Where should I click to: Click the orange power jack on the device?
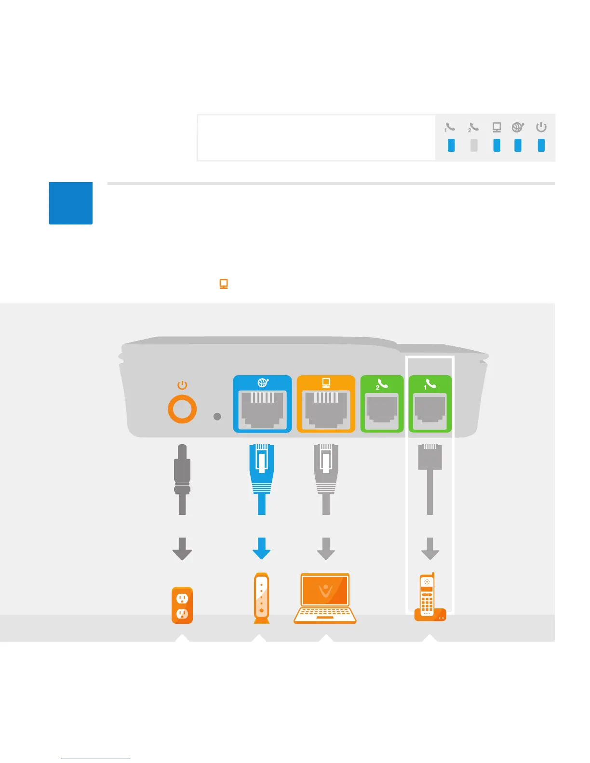[x=182, y=409]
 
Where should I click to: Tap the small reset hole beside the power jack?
[x=217, y=416]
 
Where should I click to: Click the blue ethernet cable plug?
[x=262, y=470]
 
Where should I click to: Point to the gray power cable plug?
[x=182, y=470]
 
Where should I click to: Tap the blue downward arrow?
[x=262, y=549]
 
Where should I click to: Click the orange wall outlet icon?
[x=182, y=605]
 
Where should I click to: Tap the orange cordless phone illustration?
[x=429, y=597]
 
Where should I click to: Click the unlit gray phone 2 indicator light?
[x=474, y=145]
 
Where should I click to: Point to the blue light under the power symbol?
[x=541, y=145]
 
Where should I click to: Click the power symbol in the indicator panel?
[x=541, y=127]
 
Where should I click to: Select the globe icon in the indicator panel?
[x=518, y=127]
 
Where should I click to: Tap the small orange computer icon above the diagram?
[x=224, y=284]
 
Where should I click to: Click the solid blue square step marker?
[x=71, y=203]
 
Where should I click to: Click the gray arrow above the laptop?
[x=326, y=549]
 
